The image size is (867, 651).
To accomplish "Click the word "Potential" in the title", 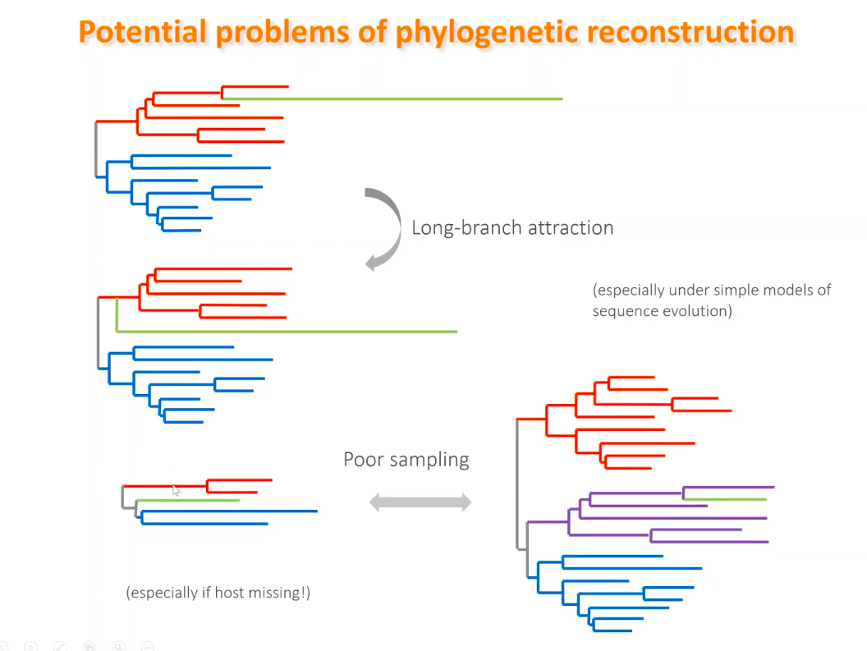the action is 143,31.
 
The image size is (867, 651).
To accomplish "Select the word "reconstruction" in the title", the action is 690,32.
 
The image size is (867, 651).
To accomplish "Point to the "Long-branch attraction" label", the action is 512,228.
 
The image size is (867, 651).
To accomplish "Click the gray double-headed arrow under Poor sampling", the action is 420,502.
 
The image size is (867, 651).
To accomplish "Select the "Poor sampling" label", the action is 406,460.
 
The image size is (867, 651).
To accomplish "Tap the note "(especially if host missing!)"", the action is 218,593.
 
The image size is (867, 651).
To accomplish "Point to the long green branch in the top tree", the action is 392,99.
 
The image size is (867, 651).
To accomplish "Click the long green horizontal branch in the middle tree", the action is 287,332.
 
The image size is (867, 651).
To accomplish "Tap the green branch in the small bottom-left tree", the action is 188,501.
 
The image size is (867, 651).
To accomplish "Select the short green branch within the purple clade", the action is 726,499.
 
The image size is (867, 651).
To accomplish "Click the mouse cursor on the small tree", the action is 176,491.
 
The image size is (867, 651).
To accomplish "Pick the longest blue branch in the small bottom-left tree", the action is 229,511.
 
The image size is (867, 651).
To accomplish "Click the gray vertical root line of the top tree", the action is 96,149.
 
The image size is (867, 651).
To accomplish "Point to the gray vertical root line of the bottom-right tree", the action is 517,484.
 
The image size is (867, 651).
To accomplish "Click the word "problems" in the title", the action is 282,32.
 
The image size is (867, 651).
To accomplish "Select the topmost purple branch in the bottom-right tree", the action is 729,488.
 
